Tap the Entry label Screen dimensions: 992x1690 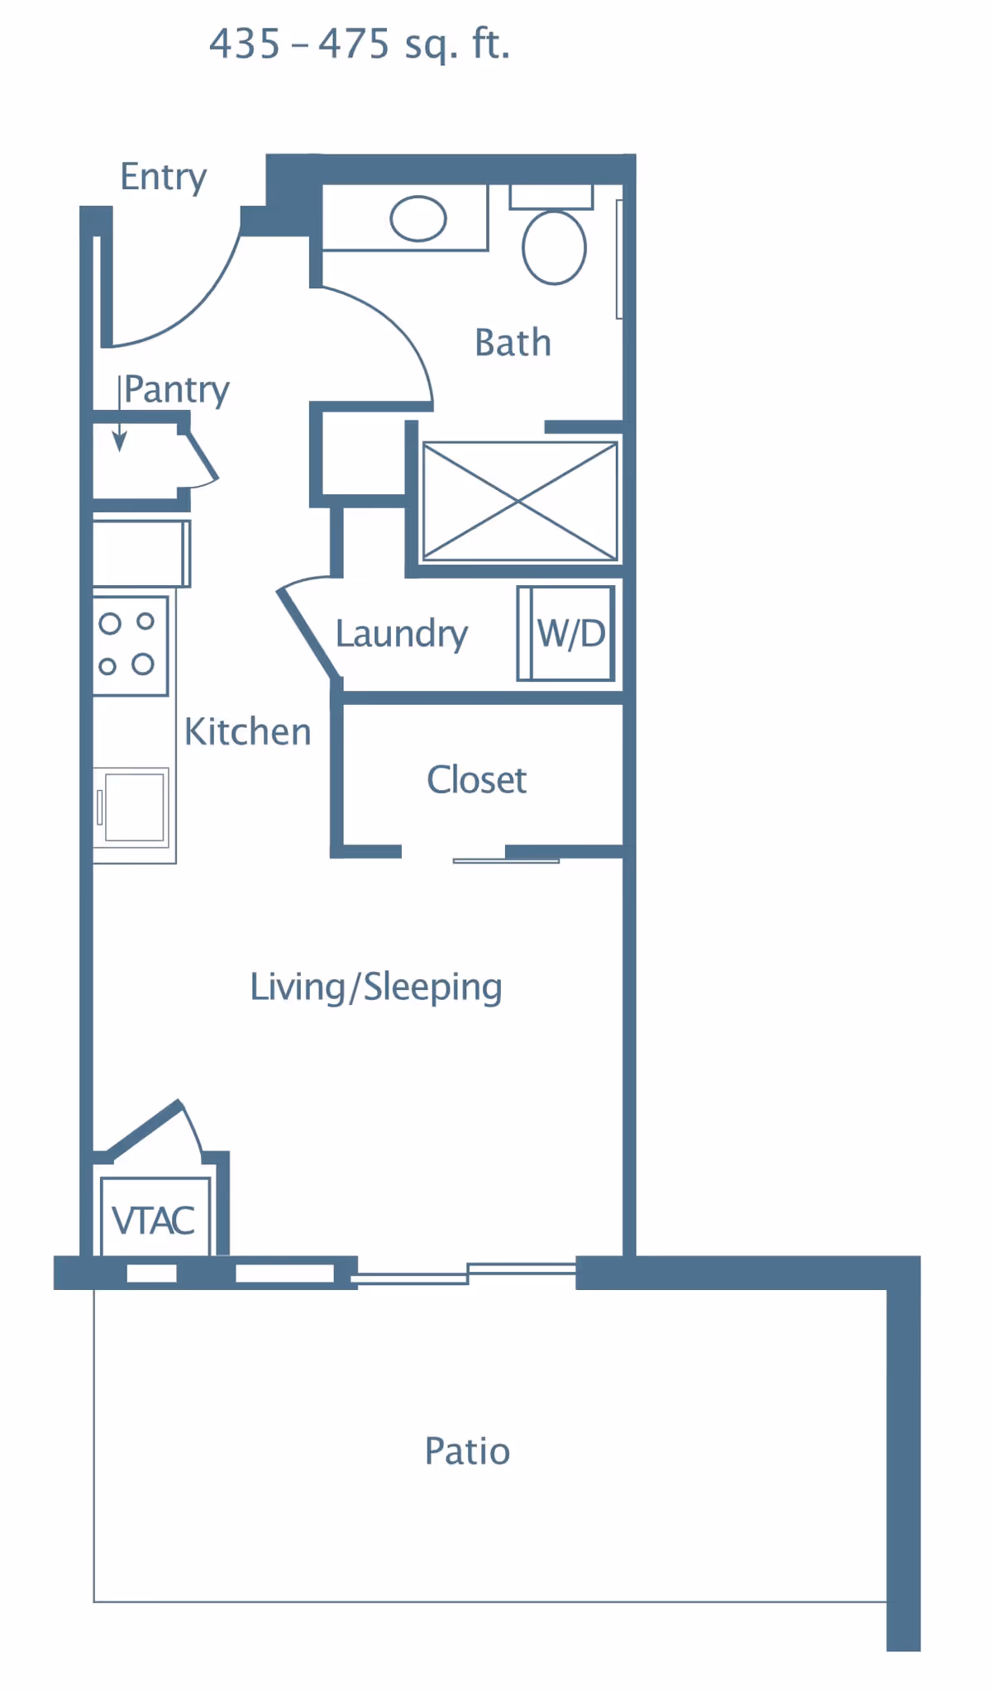164,177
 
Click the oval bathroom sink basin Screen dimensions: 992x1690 418,219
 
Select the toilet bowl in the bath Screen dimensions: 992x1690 554,247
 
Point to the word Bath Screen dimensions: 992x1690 513,343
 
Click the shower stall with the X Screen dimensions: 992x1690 520,501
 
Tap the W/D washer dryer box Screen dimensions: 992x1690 566,633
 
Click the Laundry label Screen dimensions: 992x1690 402,635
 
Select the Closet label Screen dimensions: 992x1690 476,779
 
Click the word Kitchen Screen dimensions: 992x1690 247,732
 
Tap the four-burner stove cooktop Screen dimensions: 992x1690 130,645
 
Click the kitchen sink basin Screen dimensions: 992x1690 133,807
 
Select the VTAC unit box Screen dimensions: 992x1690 155,1217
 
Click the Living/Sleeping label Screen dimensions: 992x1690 376,988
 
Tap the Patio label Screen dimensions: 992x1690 467,1451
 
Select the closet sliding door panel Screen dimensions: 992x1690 506,860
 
